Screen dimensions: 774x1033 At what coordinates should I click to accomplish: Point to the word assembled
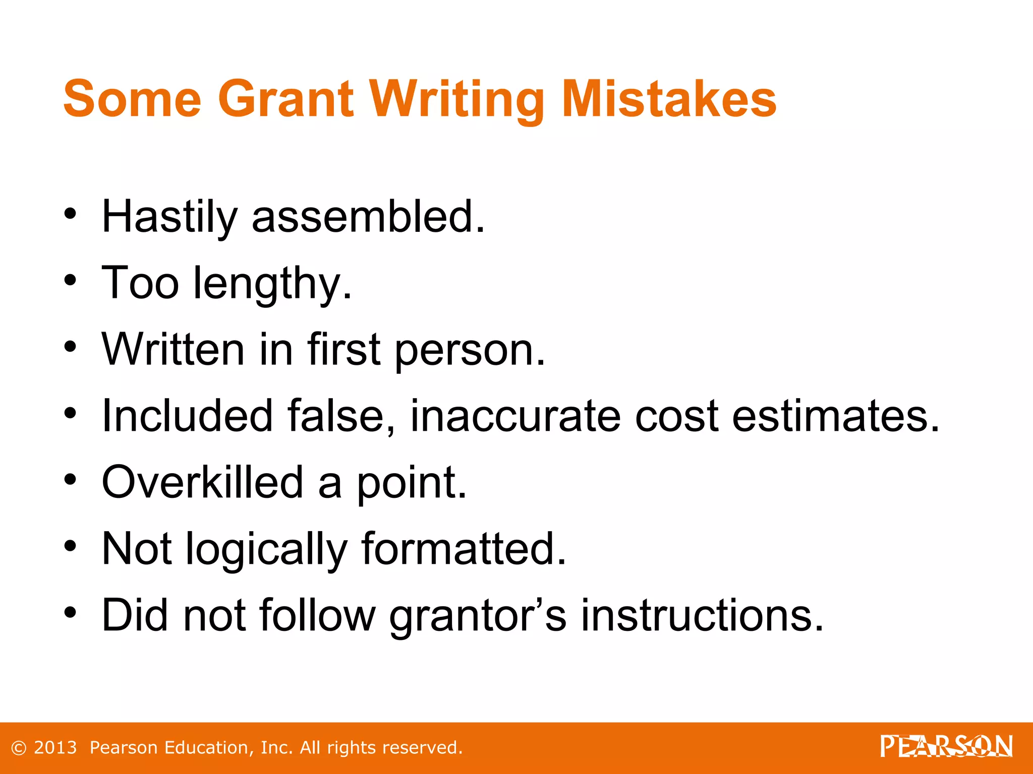point(368,217)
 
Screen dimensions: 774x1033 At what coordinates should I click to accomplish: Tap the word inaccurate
point(515,416)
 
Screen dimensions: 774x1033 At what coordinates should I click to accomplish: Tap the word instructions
point(702,615)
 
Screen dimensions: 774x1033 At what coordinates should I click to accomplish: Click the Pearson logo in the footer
point(946,746)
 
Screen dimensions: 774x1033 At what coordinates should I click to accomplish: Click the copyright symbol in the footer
point(19,748)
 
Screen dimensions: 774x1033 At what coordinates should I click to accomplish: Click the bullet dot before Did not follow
point(70,612)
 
